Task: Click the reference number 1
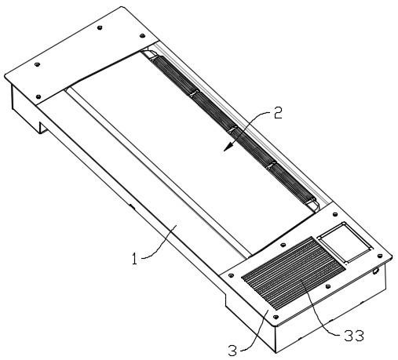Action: pyautogui.click(x=134, y=259)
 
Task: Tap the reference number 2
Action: pyautogui.click(x=278, y=113)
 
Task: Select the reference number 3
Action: pyautogui.click(x=232, y=351)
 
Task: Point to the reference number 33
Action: pyautogui.click(x=354, y=336)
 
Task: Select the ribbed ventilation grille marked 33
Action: pyautogui.click(x=293, y=272)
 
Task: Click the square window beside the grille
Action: pyautogui.click(x=345, y=242)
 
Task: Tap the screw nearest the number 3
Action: pyautogui.click(x=276, y=317)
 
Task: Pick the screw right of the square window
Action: pyautogui.click(x=380, y=256)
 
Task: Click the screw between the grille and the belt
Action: pyautogui.click(x=283, y=245)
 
